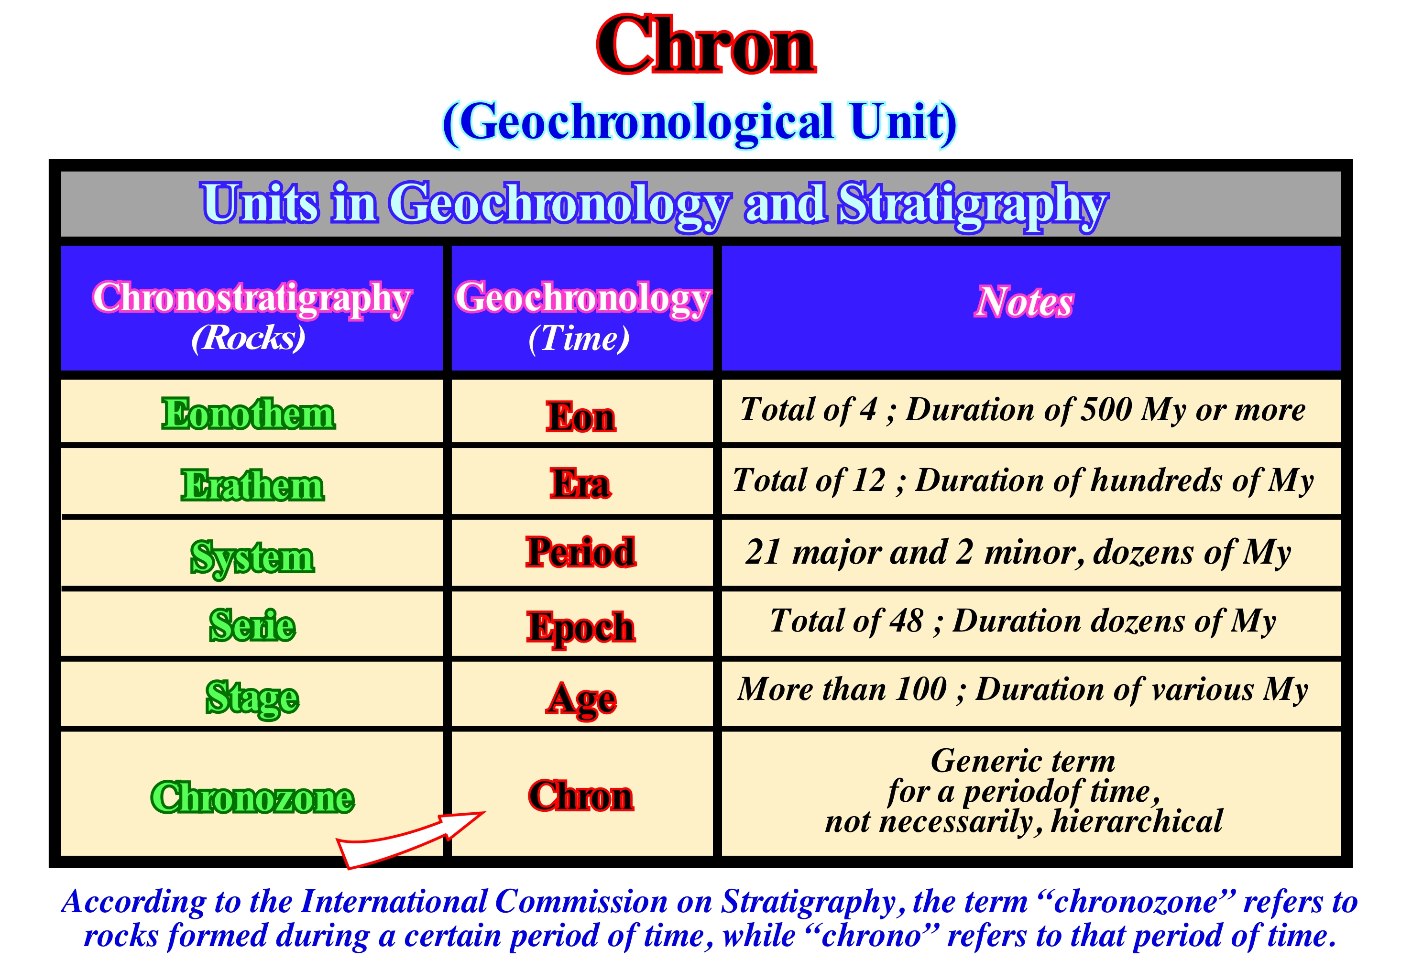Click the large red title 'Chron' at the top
point(706,45)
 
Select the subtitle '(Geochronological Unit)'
point(700,123)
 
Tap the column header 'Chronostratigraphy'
point(252,299)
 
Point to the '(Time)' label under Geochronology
point(579,338)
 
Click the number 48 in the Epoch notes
point(907,621)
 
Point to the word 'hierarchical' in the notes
point(1136,821)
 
